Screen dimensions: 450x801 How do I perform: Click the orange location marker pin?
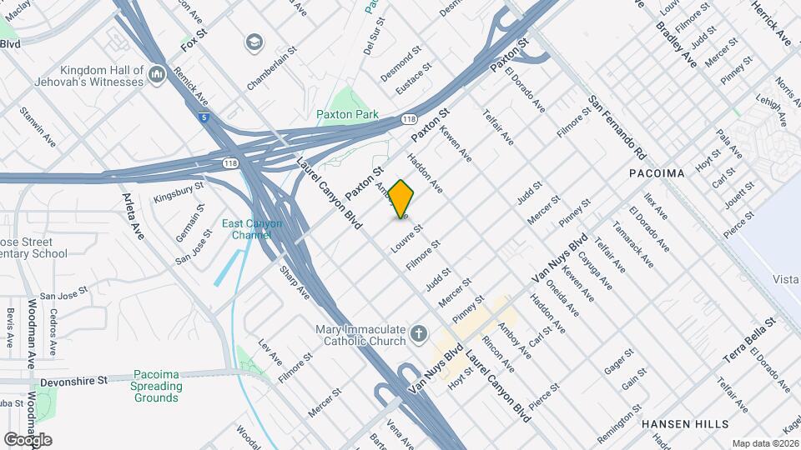tap(401, 199)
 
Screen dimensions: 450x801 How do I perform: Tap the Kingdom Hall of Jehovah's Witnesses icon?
tap(156, 77)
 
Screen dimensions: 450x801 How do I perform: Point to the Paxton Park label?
tap(347, 114)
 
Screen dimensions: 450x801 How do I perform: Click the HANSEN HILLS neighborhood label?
tap(685, 424)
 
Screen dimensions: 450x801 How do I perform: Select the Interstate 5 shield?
tap(204, 117)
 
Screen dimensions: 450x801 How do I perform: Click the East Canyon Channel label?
tap(252, 229)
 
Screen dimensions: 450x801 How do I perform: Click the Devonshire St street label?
tap(76, 380)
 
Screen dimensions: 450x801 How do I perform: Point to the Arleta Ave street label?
tap(133, 215)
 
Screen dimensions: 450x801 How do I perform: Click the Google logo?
tap(28, 439)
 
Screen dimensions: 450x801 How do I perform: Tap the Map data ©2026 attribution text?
tap(764, 443)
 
